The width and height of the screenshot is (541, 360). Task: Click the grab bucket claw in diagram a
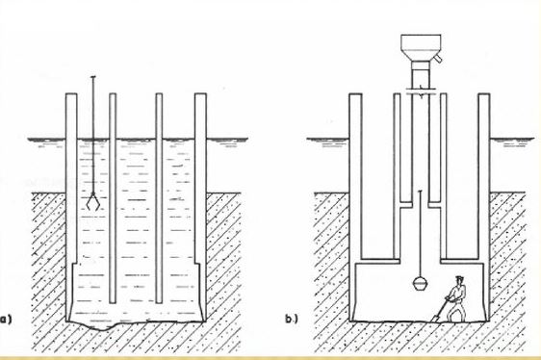[x=93, y=201]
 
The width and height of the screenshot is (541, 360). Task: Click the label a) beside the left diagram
[x=6, y=319]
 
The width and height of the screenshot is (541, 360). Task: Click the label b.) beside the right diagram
[x=292, y=320]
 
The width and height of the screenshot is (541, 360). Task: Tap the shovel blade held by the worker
[x=436, y=318]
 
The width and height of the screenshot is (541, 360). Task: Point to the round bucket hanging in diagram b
[x=420, y=284]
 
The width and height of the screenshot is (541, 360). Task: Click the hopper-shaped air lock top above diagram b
[x=421, y=47]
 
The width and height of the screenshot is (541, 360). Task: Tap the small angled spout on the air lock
[x=437, y=59]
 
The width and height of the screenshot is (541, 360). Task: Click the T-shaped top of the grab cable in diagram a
[x=92, y=77]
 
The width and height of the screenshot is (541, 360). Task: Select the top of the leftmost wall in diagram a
[x=71, y=94]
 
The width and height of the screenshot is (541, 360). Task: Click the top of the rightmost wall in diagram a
[x=200, y=94]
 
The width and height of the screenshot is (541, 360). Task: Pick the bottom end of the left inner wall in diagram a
[x=113, y=302]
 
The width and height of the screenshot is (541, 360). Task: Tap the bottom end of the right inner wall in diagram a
[x=159, y=302]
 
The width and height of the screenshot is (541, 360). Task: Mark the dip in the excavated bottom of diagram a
[x=102, y=328]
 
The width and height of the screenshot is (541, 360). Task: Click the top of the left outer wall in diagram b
[x=355, y=94]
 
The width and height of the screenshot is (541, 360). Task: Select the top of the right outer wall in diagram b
[x=484, y=94]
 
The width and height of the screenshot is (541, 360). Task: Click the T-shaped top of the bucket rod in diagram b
[x=420, y=191]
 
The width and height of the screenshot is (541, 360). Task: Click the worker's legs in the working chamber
[x=456, y=311]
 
